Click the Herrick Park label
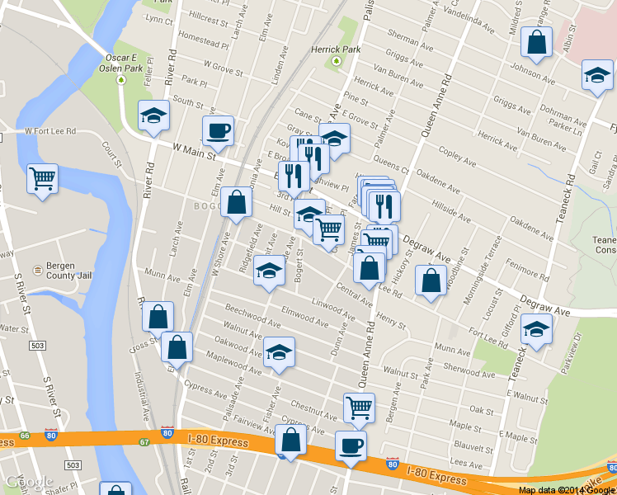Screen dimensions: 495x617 335,49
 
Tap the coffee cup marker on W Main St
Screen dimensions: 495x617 218,130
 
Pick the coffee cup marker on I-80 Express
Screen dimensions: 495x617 351,446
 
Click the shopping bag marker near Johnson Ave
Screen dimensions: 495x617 536,45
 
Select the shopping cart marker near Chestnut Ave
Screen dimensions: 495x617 359,408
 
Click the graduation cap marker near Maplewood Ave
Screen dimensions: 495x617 279,352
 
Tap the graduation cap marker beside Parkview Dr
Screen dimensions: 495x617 537,329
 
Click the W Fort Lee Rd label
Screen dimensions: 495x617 49,130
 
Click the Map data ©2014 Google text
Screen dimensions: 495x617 566,490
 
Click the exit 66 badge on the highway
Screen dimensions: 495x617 26,435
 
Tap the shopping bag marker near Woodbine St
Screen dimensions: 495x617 431,280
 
